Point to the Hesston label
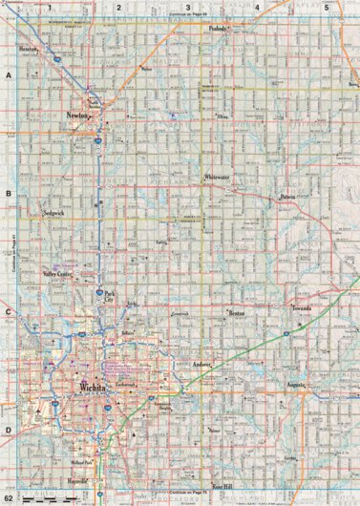[29, 49]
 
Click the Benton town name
[238, 312]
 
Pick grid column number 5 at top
[326, 8]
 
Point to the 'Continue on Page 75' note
[187, 495]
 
